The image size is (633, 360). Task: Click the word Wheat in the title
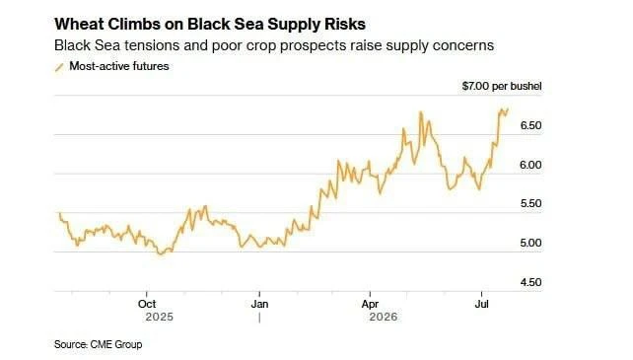tap(79, 25)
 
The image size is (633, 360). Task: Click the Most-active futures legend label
tap(119, 66)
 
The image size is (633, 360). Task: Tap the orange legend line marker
tap(59, 67)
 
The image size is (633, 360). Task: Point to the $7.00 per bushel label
tap(502, 86)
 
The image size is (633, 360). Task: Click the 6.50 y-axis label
tap(530, 125)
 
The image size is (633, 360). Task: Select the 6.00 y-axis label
tap(530, 165)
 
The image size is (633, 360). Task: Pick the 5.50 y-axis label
tap(530, 203)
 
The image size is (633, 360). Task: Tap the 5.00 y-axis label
tap(530, 243)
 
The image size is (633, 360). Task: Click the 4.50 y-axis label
tap(530, 282)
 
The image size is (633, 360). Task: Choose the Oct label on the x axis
tap(147, 304)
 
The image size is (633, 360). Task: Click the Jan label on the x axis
tap(259, 304)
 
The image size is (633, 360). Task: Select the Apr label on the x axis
tap(370, 304)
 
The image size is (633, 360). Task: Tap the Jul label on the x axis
tap(481, 304)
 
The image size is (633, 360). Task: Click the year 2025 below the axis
tap(160, 317)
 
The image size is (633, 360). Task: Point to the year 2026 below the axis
tap(384, 317)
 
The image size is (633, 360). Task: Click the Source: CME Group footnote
tap(98, 344)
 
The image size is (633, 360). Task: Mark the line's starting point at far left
tap(60, 213)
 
